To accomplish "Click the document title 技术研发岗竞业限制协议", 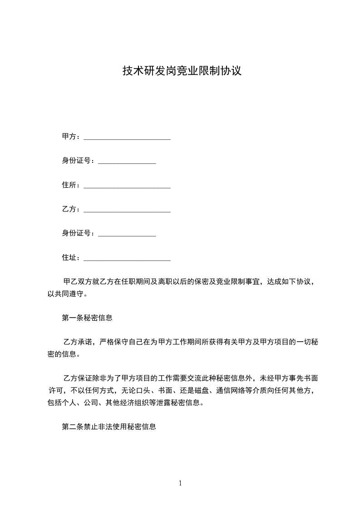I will pyautogui.click(x=181, y=71).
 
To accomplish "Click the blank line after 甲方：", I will pyautogui.click(x=127, y=137).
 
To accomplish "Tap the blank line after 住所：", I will pyautogui.click(x=127, y=186).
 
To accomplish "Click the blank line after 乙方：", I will pyautogui.click(x=127, y=210).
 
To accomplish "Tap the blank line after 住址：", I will pyautogui.click(x=127, y=259).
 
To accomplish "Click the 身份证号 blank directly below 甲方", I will pyautogui.click(x=127, y=162).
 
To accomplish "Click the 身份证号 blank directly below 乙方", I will pyautogui.click(x=127, y=235).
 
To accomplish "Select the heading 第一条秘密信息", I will pyautogui.click(x=87, y=318).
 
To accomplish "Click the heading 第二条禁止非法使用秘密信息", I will pyautogui.click(x=109, y=427).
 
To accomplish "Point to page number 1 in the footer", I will pyautogui.click(x=180, y=483).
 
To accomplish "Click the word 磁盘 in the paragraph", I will pyautogui.click(x=202, y=391).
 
